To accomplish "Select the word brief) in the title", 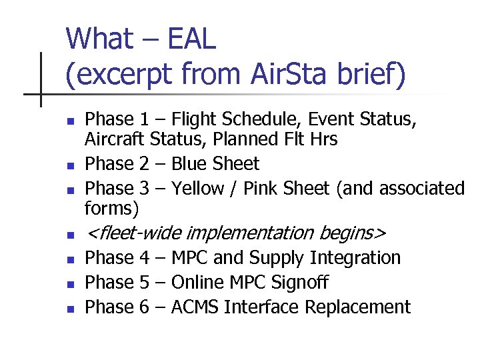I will (x=371, y=75).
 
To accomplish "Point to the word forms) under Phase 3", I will (x=112, y=209).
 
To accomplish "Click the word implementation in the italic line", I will (x=250, y=233).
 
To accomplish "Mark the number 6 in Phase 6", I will (x=144, y=307).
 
